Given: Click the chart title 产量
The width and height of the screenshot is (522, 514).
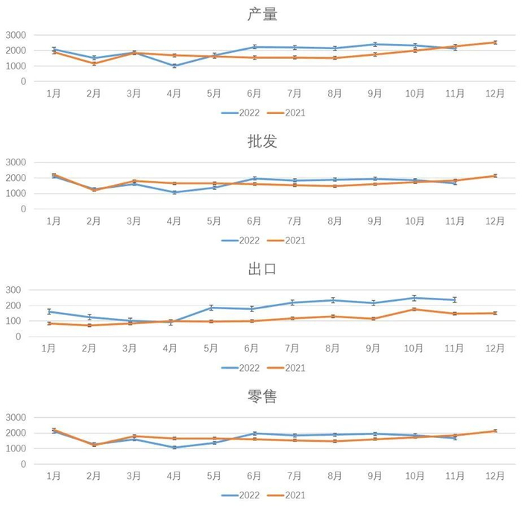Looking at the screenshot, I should [x=261, y=14].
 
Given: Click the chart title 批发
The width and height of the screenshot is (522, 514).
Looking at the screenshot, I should [x=261, y=142].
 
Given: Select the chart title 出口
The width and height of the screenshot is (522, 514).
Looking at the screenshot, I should [x=261, y=269].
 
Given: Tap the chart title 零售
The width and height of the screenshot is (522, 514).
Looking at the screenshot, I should [x=261, y=396].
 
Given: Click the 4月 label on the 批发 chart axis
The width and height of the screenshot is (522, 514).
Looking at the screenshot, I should [x=174, y=221].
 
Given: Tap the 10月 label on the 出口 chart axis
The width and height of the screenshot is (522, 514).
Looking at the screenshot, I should [x=414, y=349].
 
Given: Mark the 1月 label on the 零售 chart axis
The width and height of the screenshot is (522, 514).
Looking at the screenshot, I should [x=53, y=476].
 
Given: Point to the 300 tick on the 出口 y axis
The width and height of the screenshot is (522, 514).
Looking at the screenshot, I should [x=20, y=290].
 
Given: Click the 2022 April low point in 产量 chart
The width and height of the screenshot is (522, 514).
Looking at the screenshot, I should [x=174, y=66].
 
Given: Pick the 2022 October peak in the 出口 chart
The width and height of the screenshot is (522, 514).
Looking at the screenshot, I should [x=415, y=298].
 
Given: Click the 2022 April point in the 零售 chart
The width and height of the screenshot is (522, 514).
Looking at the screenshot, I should [x=174, y=448].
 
